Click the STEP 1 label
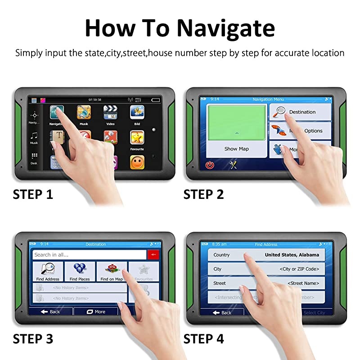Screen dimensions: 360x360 pos(33,194)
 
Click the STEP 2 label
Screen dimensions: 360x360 pos(203,194)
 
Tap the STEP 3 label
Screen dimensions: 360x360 pos(33,338)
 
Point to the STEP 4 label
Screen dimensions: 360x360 pos(203,338)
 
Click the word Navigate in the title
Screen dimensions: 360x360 pos(225,28)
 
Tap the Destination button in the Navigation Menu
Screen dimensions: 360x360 pos(300,112)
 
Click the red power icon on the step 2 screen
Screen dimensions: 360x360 pos(210,165)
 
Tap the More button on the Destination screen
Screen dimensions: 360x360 pos(95,311)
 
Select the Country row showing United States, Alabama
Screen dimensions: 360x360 pos(266,255)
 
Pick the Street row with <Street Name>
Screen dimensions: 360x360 pos(266,283)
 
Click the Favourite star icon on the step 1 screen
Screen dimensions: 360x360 pos(137,137)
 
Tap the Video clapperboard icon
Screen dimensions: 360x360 pos(110,112)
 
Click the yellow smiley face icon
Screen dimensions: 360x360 pos(137,162)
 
